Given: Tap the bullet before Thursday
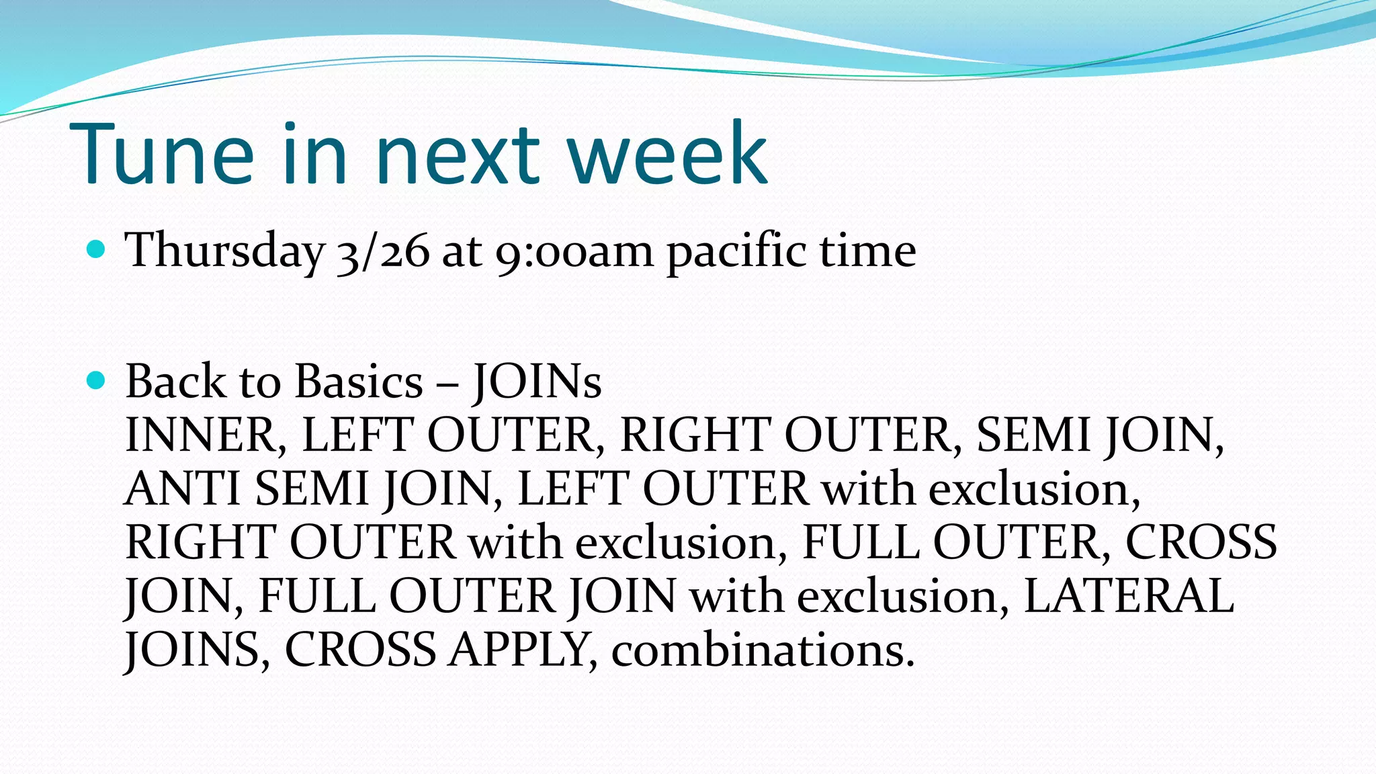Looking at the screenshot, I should point(97,250).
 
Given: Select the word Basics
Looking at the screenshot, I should point(359,382).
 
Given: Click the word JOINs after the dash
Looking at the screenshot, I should point(536,382).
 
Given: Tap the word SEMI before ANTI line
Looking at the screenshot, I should point(1033,435).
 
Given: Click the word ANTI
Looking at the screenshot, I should point(183,489).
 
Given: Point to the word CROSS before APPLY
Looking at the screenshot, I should point(360,650).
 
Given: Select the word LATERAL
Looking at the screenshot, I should point(1129,597).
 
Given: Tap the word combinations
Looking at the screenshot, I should point(763,650).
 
